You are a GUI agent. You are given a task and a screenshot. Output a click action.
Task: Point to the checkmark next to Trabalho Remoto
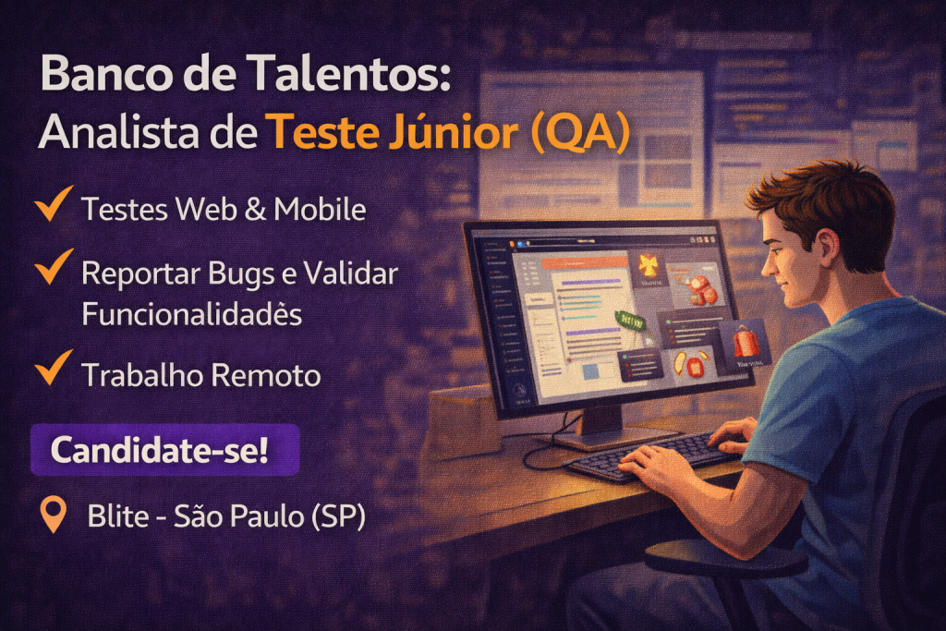(54, 369)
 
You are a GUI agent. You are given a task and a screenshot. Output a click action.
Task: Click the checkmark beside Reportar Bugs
(54, 267)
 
